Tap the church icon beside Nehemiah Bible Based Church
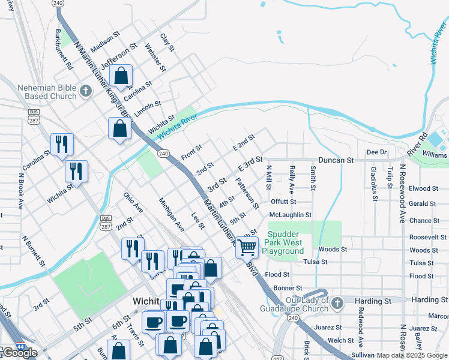85,92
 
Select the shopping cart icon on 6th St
247,247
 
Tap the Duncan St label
336,161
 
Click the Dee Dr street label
376,152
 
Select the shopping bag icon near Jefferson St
121,76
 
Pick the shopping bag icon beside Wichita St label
119,128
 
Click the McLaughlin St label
291,214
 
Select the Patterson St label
247,193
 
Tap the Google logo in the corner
20,353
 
